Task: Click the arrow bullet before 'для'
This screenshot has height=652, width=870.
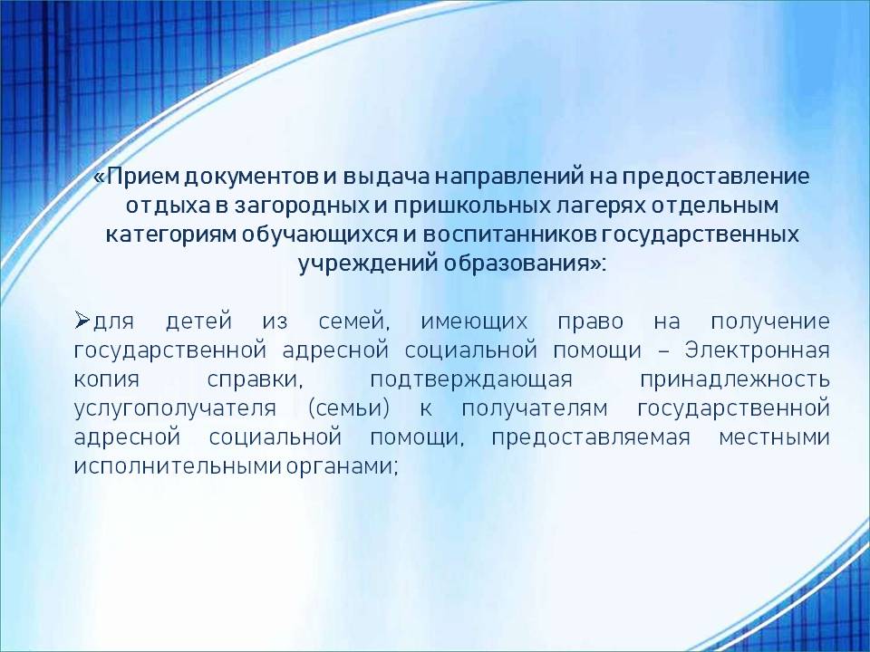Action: coord(82,321)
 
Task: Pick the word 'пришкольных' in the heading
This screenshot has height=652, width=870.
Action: coord(470,206)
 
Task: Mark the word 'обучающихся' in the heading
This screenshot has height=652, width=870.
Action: coord(319,235)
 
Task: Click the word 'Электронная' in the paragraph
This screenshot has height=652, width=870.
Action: coord(757,350)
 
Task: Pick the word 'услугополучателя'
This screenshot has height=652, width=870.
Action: coord(175,408)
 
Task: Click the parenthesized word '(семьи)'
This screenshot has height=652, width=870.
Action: coord(348,408)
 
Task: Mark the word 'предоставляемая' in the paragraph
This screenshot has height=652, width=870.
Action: coord(591,437)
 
